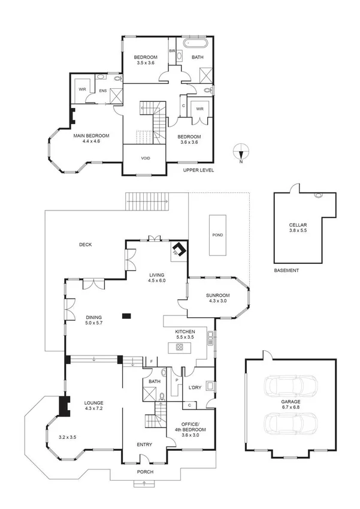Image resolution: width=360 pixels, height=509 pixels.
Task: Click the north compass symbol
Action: (x=240, y=152)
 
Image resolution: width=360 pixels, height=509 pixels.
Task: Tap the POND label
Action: (x=217, y=234)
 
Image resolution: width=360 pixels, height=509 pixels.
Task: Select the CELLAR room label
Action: (x=297, y=226)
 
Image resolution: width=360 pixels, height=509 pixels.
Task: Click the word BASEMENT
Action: (x=286, y=270)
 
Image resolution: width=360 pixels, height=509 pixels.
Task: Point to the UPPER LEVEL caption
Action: (x=198, y=170)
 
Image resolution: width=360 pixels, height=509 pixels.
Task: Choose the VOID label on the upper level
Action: (x=145, y=158)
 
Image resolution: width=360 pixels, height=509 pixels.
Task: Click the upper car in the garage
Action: (x=287, y=384)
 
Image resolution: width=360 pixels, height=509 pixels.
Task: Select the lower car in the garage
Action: (x=287, y=424)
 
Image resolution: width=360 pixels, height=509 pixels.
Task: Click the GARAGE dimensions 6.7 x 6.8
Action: (x=289, y=408)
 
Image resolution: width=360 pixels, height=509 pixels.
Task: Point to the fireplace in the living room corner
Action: (x=179, y=250)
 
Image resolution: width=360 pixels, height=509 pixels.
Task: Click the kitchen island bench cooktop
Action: (x=179, y=348)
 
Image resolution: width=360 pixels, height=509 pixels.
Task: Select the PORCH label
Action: (x=145, y=472)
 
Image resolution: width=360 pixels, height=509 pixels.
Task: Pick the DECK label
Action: (x=88, y=244)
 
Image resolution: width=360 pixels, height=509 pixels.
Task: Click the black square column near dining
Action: (x=125, y=315)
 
